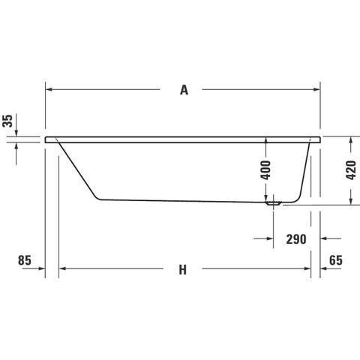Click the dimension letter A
click(184, 90)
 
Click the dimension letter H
click(183, 270)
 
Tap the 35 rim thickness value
click(7, 121)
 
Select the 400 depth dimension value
click(265, 170)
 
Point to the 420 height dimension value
click(351, 170)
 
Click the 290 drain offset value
click(296, 239)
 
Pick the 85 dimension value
click(25, 260)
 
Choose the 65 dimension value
click(336, 260)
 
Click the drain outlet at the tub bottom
click(274, 203)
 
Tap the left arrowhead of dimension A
click(49, 89)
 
